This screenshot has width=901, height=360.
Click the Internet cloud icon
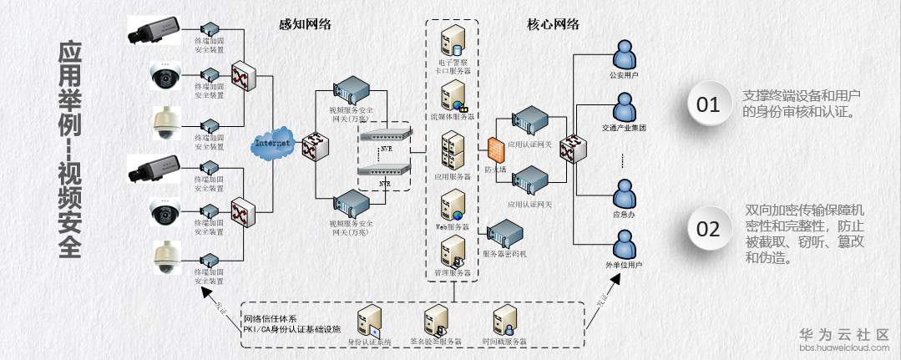(272, 144)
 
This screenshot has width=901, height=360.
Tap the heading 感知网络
(305, 24)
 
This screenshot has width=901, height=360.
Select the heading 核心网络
(554, 24)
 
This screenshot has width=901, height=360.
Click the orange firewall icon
(494, 150)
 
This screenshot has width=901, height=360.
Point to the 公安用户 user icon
(624, 57)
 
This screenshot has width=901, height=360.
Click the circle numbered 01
(708, 105)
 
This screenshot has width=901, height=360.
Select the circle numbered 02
(708, 229)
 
